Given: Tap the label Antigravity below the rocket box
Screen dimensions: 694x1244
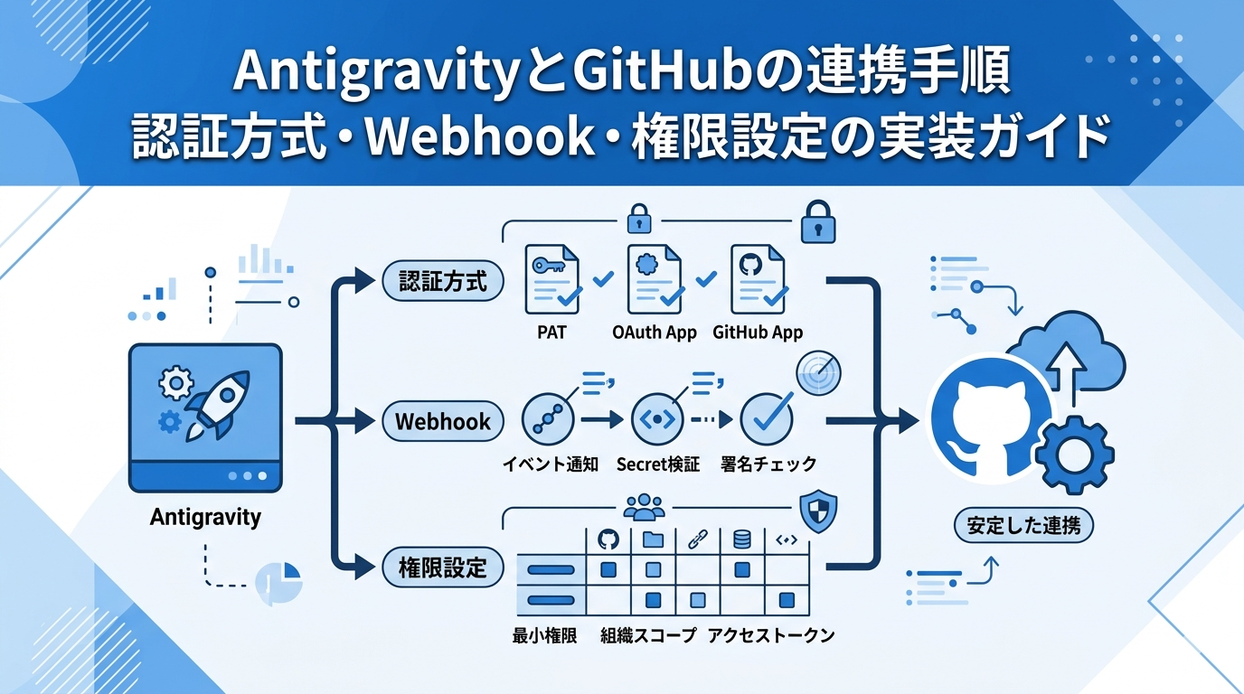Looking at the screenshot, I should [205, 518].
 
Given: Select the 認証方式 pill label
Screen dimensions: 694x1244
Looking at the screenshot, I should [443, 282].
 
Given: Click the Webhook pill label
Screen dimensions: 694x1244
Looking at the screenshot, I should [443, 421].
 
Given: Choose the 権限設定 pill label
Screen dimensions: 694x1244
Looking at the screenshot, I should [443, 567].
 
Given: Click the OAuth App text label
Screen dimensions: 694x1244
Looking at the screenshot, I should [655, 333].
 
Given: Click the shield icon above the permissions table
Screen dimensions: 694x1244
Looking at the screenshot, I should [818, 511].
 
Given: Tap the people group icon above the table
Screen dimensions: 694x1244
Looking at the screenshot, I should [644, 507].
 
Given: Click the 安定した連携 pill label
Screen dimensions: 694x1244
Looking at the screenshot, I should [1023, 525].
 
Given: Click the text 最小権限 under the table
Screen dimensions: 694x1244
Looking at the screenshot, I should [544, 635].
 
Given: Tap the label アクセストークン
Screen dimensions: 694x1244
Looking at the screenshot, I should [771, 635].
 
